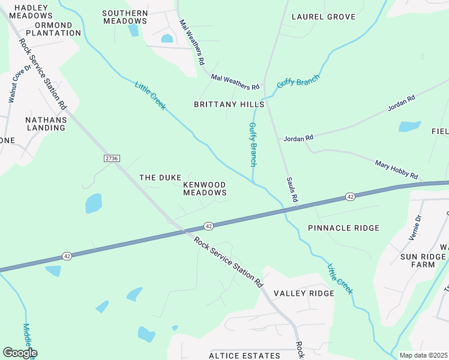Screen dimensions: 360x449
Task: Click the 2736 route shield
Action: (x=112, y=158)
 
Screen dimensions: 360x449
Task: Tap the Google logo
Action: (x=20, y=353)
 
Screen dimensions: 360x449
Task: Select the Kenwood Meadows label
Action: (x=205, y=188)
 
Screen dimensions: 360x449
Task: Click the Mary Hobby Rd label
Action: (x=396, y=169)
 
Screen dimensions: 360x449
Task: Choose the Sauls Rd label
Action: (x=292, y=189)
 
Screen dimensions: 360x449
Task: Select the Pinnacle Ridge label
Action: (x=343, y=228)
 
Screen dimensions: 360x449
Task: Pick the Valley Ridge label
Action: (x=303, y=293)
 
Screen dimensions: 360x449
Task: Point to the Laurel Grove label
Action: (x=324, y=17)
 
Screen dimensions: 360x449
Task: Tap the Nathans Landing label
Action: (x=46, y=124)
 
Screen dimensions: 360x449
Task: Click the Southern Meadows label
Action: (x=125, y=17)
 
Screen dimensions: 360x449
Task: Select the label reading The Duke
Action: (x=160, y=178)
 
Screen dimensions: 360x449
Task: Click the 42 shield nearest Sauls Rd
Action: (x=349, y=197)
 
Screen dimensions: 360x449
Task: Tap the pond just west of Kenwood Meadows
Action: (x=93, y=203)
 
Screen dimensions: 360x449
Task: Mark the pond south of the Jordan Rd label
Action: (x=409, y=127)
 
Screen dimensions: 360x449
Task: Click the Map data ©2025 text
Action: (x=424, y=355)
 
